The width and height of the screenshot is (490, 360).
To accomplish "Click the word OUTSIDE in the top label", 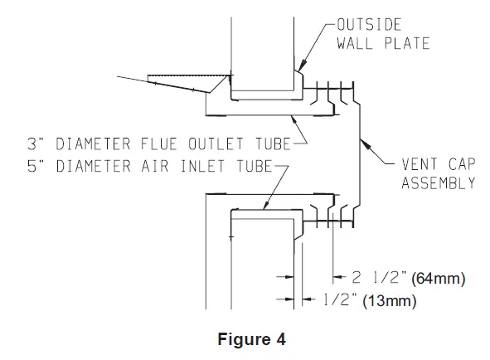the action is [x=369, y=25].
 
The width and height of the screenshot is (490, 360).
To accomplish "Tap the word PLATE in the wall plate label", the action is [x=407, y=43].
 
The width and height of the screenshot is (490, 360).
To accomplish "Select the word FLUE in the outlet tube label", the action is [x=159, y=144].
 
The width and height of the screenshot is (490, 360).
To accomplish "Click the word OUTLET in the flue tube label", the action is [x=216, y=144].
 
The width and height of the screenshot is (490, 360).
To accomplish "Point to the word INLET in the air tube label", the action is [x=203, y=166].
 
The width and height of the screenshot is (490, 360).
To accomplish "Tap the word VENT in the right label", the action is [x=420, y=164].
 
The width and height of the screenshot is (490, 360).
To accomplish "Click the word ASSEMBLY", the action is [x=439, y=182].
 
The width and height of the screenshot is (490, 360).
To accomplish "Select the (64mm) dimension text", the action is [x=438, y=279].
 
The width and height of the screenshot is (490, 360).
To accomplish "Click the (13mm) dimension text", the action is [x=390, y=301].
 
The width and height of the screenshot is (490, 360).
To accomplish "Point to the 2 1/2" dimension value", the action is [x=380, y=277].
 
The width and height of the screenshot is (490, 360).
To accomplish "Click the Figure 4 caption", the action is [x=251, y=339].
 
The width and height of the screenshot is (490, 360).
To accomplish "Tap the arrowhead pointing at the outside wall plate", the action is [x=301, y=66].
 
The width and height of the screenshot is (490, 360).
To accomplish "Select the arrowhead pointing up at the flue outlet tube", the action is [x=294, y=119].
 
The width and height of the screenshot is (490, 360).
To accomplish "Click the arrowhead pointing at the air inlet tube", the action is [x=267, y=204].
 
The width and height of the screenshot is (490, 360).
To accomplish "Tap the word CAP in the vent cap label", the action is [x=462, y=164].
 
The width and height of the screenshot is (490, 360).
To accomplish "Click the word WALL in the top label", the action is [x=355, y=43].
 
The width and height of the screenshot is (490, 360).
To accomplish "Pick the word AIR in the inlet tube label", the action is [x=155, y=166].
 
